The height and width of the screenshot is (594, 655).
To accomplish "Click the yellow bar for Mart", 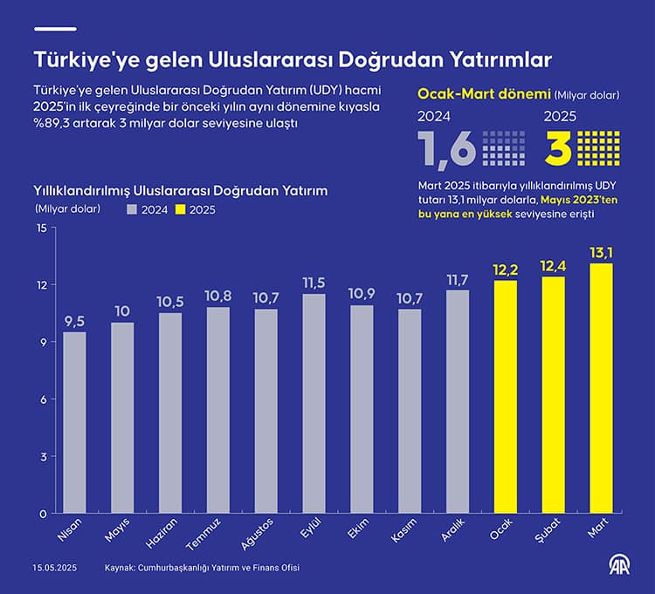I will pyautogui.click(x=601, y=388).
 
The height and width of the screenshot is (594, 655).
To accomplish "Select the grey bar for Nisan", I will pyautogui.click(x=75, y=422).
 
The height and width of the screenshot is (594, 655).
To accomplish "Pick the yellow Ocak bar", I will pyautogui.click(x=506, y=397).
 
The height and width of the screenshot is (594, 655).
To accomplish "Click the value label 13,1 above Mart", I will pyautogui.click(x=601, y=253).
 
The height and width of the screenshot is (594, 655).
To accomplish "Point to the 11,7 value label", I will pyautogui.click(x=458, y=280).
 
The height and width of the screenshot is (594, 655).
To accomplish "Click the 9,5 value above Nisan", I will pyautogui.click(x=75, y=321).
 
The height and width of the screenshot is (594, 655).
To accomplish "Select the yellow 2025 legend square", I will pyautogui.click(x=182, y=209).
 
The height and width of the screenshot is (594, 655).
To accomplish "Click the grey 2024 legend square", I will pyautogui.click(x=133, y=209).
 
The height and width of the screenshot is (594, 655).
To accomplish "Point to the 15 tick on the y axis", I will pyautogui.click(x=40, y=229).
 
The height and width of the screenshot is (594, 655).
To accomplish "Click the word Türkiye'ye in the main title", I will pyautogui.click(x=82, y=59).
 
